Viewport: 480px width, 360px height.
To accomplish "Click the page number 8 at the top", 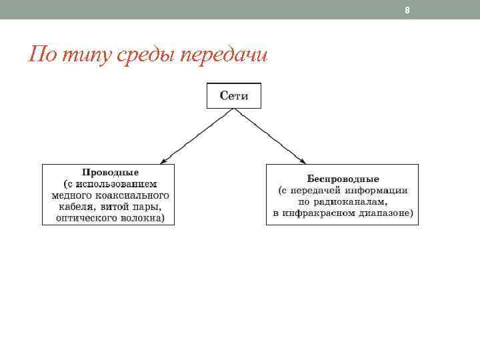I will tap(407, 10).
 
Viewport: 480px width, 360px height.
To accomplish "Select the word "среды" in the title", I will tap(137, 54).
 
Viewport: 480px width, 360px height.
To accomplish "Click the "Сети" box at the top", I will tap(233, 96).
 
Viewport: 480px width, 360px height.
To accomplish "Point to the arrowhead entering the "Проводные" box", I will tap(163, 161).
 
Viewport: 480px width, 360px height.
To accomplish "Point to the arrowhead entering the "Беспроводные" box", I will tap(303, 161).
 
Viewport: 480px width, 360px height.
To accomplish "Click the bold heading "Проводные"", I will tap(110, 172).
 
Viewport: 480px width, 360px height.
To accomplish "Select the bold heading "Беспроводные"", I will tap(343, 179).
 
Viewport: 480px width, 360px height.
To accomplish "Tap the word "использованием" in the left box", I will tap(117, 183).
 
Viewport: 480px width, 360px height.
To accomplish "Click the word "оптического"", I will tap(86, 217).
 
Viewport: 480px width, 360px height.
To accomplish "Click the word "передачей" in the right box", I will tap(319, 190).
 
